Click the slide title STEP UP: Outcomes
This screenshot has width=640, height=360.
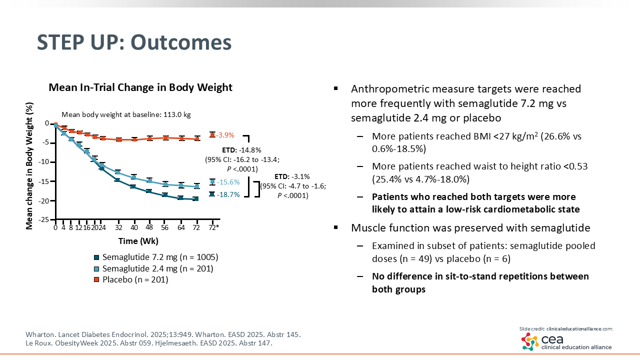click(x=134, y=42)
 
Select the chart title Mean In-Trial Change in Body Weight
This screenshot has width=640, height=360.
click(x=140, y=87)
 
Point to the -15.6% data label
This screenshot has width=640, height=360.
click(x=228, y=182)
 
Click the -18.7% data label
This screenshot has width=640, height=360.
click(x=228, y=194)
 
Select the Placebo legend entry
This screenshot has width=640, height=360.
click(x=135, y=279)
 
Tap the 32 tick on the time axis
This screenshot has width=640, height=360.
click(x=118, y=227)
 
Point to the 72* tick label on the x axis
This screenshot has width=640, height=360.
click(x=213, y=227)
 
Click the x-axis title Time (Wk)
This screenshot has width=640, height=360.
click(x=138, y=241)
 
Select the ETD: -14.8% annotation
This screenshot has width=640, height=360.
click(x=242, y=149)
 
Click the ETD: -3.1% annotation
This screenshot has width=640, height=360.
click(x=292, y=176)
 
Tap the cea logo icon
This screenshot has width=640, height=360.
click(x=530, y=341)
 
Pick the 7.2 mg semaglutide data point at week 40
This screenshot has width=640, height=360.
click(x=133, y=186)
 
